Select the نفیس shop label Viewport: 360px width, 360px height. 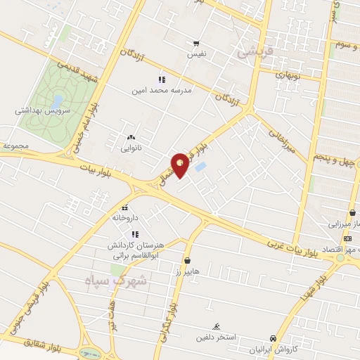197,53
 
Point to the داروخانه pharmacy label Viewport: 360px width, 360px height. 125,218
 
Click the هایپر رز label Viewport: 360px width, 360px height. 188,270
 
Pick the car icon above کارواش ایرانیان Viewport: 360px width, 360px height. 273,338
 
